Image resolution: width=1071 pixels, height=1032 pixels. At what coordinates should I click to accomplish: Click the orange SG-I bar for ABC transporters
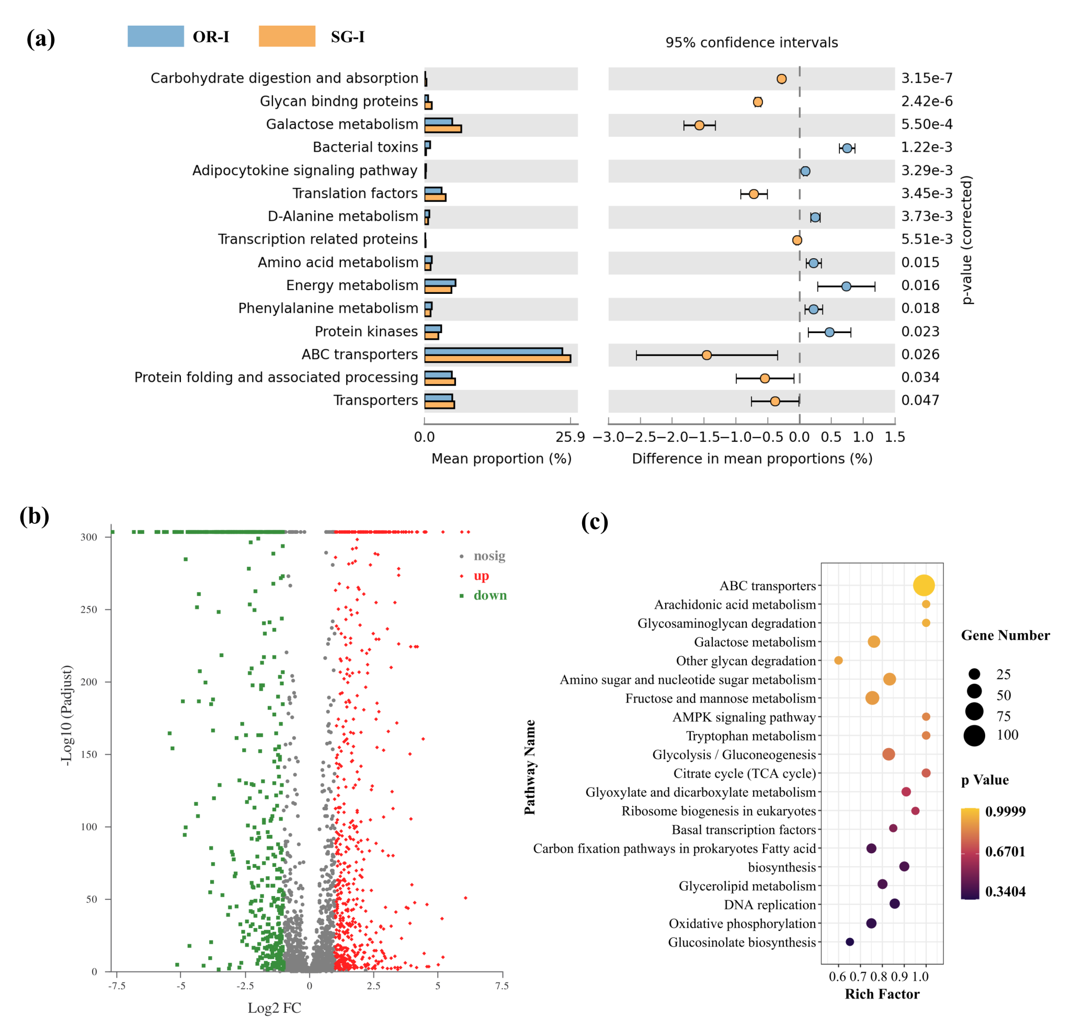point(497,359)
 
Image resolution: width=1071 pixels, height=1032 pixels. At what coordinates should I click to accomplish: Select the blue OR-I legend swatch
point(156,36)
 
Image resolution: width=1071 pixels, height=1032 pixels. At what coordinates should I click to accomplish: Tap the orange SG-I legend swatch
point(287,36)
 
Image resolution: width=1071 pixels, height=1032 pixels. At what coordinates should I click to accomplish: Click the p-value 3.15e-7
point(927,78)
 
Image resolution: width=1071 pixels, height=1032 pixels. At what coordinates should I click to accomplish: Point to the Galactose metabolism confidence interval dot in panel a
point(699,125)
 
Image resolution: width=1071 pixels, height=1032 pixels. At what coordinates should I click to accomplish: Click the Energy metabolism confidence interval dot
point(846,286)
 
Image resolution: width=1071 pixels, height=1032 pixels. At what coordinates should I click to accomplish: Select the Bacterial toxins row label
point(365,147)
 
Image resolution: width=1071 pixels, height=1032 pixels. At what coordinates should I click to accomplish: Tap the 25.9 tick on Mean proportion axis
point(570,437)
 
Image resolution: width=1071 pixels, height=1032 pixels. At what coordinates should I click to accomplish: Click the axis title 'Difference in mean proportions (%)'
point(752,459)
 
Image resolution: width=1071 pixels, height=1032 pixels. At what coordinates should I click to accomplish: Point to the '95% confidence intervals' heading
point(751,43)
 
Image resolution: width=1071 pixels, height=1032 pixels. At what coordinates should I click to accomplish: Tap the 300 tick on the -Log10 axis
point(88,537)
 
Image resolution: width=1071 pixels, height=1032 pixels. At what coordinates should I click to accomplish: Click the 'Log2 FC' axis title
point(275,1008)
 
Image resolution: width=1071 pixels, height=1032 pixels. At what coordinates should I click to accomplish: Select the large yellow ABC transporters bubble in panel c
point(924,585)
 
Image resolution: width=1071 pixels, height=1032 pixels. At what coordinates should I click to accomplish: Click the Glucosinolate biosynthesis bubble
point(850,942)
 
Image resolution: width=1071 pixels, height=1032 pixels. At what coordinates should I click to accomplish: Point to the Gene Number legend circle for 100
point(974,736)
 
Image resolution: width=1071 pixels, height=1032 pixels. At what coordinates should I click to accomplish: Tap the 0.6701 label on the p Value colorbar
point(1005,851)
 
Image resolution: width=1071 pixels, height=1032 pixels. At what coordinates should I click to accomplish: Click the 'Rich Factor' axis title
point(882,994)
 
